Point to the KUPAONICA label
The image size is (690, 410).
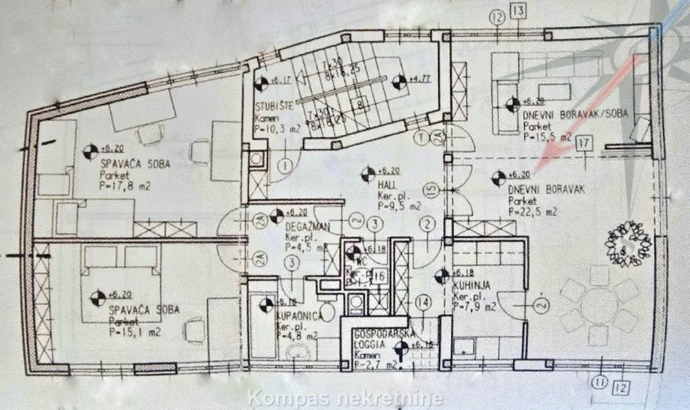click(297, 316)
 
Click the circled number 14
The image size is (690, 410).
click(424, 303)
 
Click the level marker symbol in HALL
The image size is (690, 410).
click(368, 177)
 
